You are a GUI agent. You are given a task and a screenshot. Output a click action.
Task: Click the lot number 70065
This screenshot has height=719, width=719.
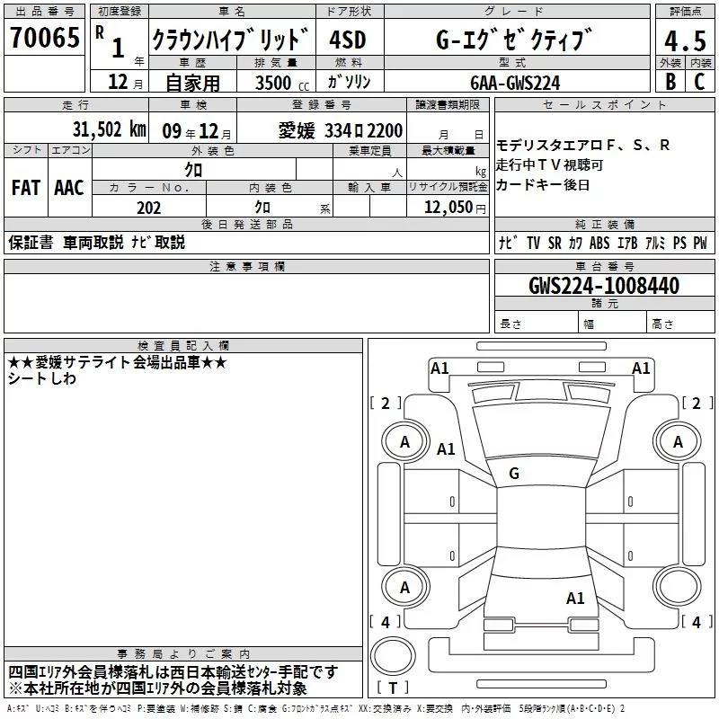(44, 39)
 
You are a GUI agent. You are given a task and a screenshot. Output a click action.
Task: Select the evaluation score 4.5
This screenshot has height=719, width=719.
(684, 40)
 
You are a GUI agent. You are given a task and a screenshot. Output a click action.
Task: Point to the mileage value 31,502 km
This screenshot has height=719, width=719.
(110, 129)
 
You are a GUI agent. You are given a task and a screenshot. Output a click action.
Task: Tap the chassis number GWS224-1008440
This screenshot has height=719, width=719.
(604, 286)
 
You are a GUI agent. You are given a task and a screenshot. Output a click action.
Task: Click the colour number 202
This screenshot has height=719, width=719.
(148, 208)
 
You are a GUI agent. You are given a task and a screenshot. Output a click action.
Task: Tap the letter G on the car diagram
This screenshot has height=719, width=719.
(514, 474)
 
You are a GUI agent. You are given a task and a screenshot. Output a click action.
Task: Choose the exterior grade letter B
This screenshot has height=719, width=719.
(670, 81)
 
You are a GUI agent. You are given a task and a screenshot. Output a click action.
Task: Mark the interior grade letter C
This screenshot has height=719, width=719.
(699, 81)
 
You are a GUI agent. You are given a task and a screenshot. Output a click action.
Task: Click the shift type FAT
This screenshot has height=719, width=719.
(25, 188)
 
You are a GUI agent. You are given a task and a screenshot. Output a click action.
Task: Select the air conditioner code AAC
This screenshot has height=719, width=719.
(68, 188)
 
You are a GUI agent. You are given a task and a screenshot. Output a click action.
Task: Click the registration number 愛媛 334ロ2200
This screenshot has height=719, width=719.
(341, 130)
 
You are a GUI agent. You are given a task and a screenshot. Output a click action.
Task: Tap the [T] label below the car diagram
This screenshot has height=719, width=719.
(392, 688)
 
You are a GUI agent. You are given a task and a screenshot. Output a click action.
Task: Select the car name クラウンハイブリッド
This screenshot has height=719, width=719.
(229, 40)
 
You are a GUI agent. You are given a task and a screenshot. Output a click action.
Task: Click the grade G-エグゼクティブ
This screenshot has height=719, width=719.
(515, 40)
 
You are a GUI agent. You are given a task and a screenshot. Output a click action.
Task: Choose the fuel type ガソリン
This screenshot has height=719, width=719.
(349, 82)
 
